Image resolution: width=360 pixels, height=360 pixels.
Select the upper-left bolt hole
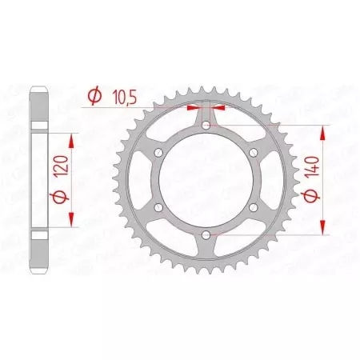coord(158,153)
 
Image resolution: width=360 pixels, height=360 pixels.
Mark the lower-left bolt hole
coord(158,207)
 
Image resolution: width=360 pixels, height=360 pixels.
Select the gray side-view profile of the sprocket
coord(38,180)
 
